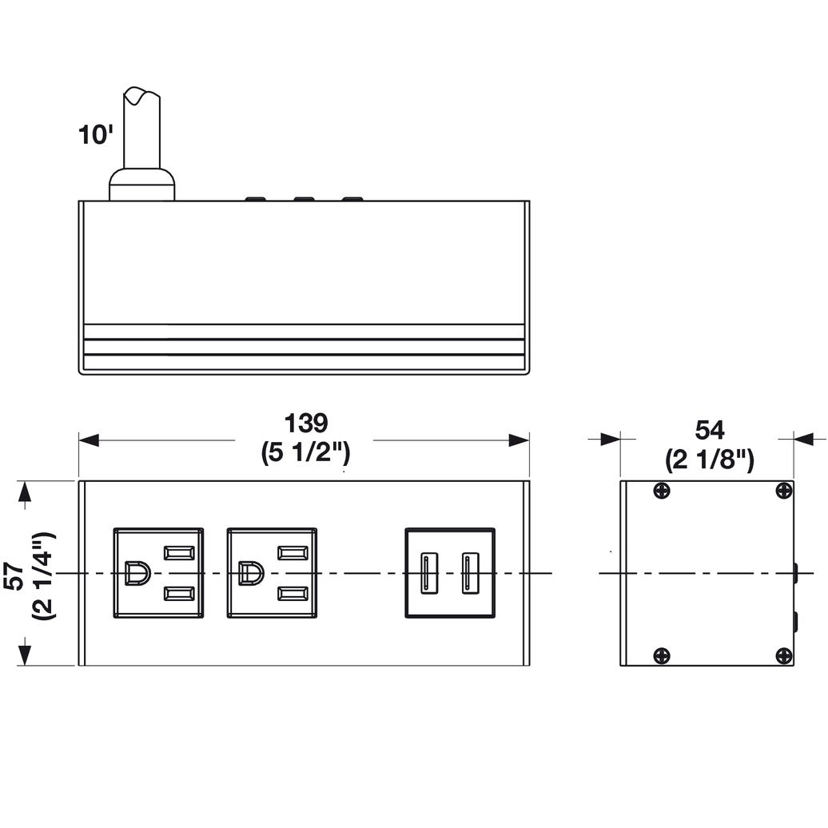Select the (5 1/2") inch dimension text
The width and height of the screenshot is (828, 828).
[306, 453]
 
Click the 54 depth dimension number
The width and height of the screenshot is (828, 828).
[709, 430]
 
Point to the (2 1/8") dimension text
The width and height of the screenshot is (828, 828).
[709, 460]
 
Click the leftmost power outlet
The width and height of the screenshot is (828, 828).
[158, 573]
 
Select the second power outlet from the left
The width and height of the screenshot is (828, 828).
[272, 573]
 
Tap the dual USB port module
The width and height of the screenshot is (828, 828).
[450, 573]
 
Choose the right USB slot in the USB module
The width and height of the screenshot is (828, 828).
[469, 573]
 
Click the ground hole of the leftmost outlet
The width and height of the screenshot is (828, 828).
[137, 574]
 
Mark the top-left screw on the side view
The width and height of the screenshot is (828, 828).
[661, 491]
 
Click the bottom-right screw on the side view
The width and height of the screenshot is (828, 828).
[783, 655]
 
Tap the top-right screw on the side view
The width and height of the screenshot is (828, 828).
[783, 491]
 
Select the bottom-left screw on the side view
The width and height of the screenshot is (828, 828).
[661, 655]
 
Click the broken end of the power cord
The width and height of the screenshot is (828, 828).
[141, 96]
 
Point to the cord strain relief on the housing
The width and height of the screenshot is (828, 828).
[141, 185]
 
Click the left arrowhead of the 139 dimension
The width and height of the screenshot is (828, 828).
[89, 440]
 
